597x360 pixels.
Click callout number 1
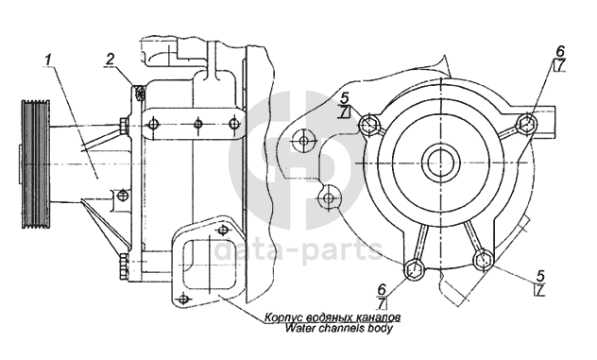[47, 60]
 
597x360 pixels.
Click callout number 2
[110, 59]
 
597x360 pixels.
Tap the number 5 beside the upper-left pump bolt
[345, 98]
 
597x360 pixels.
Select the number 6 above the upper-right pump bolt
[560, 51]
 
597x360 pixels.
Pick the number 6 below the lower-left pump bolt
[382, 289]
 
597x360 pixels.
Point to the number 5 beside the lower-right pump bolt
[540, 275]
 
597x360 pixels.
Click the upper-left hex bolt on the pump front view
[369, 124]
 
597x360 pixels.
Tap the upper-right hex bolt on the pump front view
[527, 122]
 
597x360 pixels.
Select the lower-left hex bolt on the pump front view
[413, 269]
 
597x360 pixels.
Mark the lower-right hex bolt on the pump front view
[483, 260]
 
